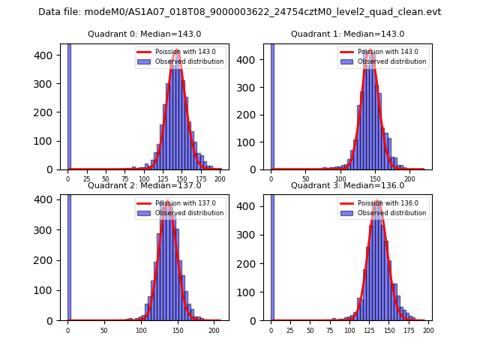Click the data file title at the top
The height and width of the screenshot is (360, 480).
pos(239,12)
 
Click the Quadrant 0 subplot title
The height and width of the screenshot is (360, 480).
pos(144,34)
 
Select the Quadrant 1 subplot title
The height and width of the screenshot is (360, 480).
pos(347,34)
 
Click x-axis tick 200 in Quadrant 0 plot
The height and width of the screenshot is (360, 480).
pos(219,179)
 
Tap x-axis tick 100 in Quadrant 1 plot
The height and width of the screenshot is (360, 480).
pos(340,179)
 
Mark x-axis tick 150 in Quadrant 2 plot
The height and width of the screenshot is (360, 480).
pos(178,330)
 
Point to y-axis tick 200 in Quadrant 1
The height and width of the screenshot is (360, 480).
pos(250,114)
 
